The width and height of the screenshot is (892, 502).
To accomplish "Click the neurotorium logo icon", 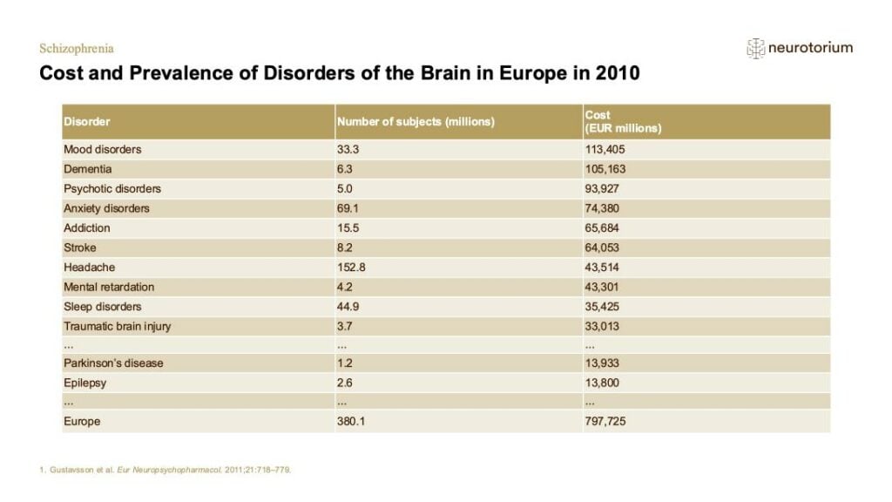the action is coord(755,49).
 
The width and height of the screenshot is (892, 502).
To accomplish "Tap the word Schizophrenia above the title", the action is coord(77,49).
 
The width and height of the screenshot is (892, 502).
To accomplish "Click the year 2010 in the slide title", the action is coord(618,73).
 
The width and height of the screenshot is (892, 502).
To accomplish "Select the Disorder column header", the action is coord(86,121).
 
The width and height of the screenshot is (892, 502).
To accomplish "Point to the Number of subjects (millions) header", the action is coord(416,121).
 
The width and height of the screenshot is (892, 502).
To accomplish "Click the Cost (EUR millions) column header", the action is coord(623,121).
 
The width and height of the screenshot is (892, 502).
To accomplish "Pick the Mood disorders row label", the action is coord(103,149).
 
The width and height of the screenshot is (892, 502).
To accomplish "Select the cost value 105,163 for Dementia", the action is coord(605,169).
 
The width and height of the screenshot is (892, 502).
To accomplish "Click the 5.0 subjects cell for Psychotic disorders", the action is coord(344,188).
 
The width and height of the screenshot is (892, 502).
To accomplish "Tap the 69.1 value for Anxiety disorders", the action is coord(347,208).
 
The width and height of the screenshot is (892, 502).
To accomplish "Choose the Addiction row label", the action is coord(86,227).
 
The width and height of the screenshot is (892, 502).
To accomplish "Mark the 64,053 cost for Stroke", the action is coord(602,248).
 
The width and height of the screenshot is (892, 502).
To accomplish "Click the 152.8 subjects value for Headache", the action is coord(350,267).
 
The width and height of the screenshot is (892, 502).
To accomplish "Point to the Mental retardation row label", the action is coord(109,287).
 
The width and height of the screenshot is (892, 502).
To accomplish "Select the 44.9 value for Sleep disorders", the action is coord(348,306).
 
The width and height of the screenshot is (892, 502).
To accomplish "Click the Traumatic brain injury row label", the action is coord(118,326).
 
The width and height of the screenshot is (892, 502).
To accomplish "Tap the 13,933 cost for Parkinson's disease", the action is coord(602,363).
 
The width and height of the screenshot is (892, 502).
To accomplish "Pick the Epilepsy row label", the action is coord(84,383).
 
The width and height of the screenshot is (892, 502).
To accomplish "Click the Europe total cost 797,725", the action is coord(605,421).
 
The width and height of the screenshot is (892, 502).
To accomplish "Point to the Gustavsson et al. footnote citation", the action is coord(165,470).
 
